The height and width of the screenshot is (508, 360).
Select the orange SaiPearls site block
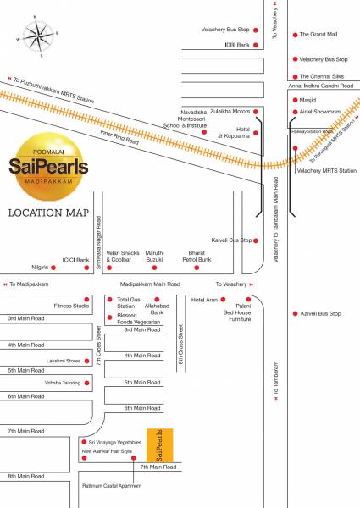pyautogui.click(x=160, y=445)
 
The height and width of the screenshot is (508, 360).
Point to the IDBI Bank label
pyautogui.click(x=235, y=44)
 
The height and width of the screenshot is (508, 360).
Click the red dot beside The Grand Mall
pyautogui.click(x=294, y=35)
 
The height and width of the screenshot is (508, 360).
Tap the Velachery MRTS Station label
pyautogui.click(x=327, y=170)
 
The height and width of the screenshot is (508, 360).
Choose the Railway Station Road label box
pyautogui.click(x=312, y=132)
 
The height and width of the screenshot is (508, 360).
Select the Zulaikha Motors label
pyautogui.click(x=230, y=111)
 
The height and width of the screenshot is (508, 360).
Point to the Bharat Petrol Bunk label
pyautogui.click(x=198, y=256)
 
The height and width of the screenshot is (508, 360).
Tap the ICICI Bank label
pyautogui.click(x=76, y=260)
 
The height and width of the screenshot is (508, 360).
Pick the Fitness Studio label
pyautogui.click(x=71, y=306)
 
